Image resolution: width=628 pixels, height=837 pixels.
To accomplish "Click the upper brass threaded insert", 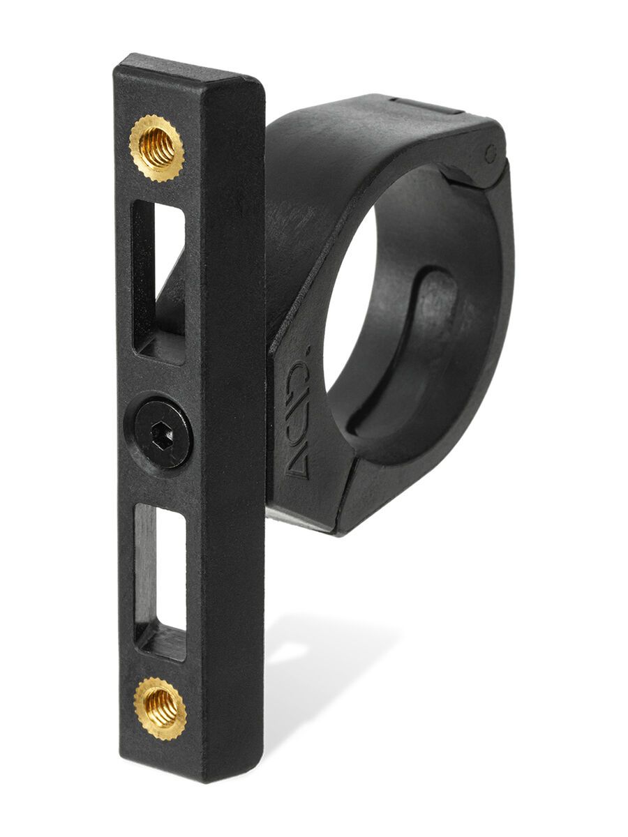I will [x=156, y=149].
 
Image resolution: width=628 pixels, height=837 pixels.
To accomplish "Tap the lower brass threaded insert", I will [x=160, y=707].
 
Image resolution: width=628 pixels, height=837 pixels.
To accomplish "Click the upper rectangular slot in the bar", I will [x=158, y=279].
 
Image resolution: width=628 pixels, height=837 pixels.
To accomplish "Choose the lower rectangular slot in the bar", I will [x=160, y=572].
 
